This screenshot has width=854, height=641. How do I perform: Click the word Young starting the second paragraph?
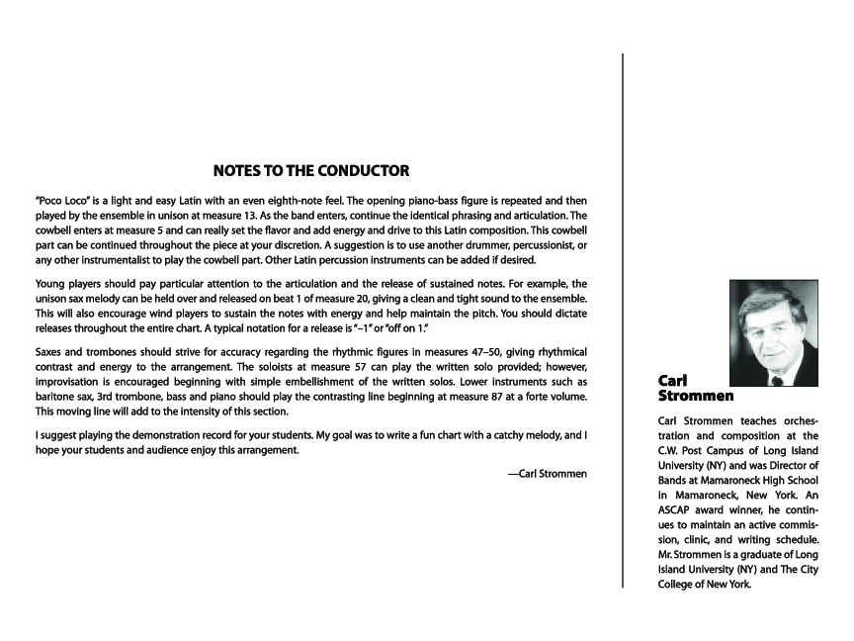(x=52, y=283)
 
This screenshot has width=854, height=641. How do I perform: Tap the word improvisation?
(x=72, y=382)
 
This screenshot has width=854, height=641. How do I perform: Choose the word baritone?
(x=56, y=397)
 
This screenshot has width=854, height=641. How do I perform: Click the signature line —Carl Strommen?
(x=547, y=474)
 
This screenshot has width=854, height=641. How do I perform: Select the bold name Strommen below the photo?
(x=696, y=396)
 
